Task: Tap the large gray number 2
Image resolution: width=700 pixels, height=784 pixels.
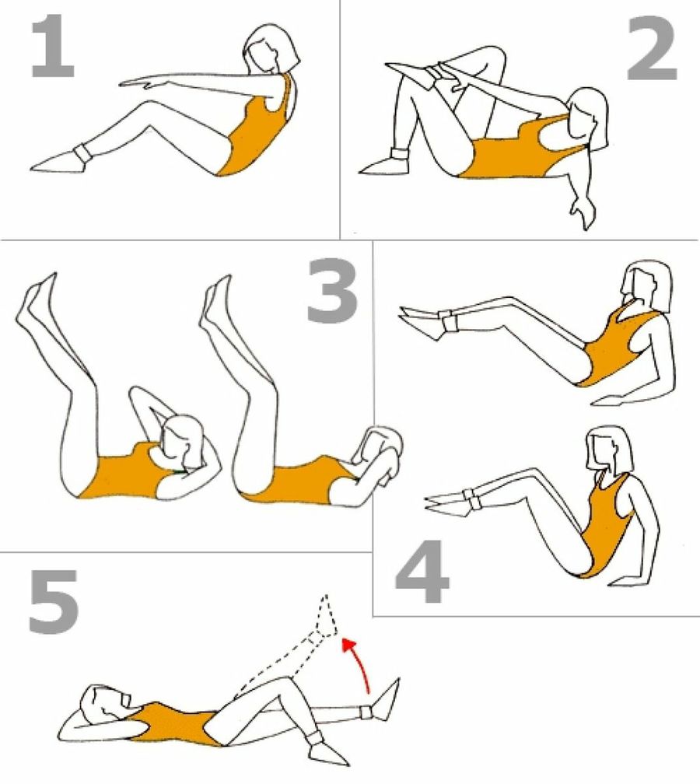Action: click(x=652, y=48)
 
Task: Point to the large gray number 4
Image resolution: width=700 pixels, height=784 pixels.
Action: click(x=422, y=572)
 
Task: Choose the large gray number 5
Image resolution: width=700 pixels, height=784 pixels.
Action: click(x=54, y=602)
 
